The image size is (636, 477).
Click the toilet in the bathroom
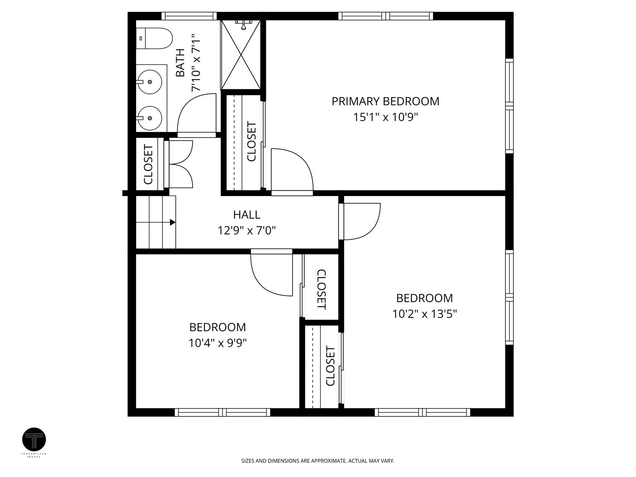pyautogui.click(x=154, y=38)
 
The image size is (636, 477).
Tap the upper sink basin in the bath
pyautogui.click(x=149, y=82)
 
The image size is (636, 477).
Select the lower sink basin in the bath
pyautogui.click(x=149, y=118)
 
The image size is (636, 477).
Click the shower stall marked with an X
pyautogui.click(x=241, y=55)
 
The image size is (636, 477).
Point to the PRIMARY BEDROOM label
pyautogui.click(x=386, y=102)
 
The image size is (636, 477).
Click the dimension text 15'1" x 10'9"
pyautogui.click(x=386, y=117)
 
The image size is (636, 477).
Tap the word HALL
pyautogui.click(x=246, y=215)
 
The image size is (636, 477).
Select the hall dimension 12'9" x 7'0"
pyautogui.click(x=246, y=231)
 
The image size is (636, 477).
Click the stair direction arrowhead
pyautogui.click(x=173, y=223)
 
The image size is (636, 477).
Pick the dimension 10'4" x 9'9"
pyautogui.click(x=218, y=343)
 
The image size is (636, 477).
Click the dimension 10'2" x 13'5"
pyautogui.click(x=424, y=314)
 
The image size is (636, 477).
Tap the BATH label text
pyautogui.click(x=180, y=63)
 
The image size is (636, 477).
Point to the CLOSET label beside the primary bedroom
pyautogui.click(x=251, y=141)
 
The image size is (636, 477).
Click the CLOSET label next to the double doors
pyautogui.click(x=148, y=164)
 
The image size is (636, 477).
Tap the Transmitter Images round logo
pyautogui.click(x=34, y=439)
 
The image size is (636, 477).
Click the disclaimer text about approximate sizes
pyautogui.click(x=318, y=461)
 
